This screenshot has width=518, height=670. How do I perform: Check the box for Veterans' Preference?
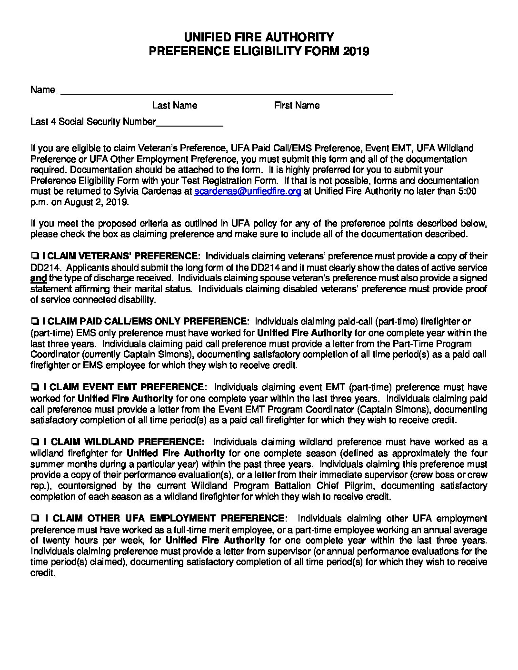(x=34, y=256)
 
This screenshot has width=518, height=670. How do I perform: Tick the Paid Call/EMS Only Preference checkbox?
(x=34, y=322)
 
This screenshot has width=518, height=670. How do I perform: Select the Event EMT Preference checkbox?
(x=34, y=387)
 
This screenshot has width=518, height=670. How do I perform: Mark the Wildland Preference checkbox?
(x=34, y=442)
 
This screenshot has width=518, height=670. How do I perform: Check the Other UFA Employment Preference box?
(x=34, y=519)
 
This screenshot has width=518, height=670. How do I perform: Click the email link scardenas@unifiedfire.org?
(x=248, y=191)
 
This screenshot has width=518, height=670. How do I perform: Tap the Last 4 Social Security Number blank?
(x=189, y=122)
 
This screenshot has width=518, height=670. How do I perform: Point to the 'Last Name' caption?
(x=175, y=106)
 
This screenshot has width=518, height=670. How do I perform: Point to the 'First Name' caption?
(x=297, y=106)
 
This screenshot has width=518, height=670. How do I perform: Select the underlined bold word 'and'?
(x=38, y=278)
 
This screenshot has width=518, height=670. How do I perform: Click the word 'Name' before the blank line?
(x=42, y=90)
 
